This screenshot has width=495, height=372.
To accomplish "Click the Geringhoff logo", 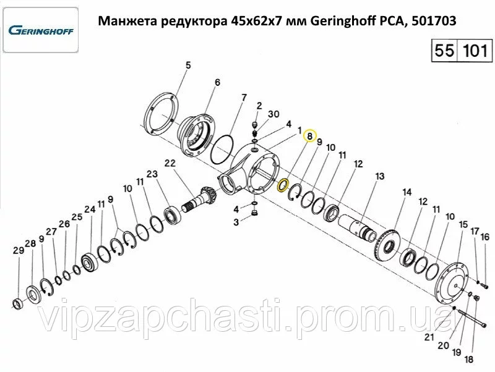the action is click(x=41, y=30).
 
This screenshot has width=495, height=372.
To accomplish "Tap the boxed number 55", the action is click(x=444, y=51).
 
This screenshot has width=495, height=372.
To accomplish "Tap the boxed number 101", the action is click(x=475, y=51).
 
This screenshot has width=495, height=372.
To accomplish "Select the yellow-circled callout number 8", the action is click(x=309, y=136).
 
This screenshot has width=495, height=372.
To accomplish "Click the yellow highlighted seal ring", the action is click(x=282, y=185).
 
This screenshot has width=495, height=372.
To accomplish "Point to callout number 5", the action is click(x=188, y=66).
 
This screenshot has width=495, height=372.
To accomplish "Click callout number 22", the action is click(x=170, y=163).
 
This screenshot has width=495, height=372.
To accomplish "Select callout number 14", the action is click(x=407, y=192).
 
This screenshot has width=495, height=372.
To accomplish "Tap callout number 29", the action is click(x=19, y=250).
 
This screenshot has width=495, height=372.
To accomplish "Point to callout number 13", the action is click(x=379, y=176).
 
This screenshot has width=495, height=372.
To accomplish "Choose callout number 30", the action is click(x=273, y=114).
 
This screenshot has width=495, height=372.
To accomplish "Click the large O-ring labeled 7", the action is click(x=222, y=150).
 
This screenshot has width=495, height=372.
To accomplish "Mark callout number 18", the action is click(x=469, y=359).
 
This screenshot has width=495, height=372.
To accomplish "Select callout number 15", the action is click(x=463, y=224).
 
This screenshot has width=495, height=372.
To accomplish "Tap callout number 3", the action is click(x=236, y=222).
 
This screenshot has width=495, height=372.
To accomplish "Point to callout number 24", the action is click(x=90, y=209).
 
